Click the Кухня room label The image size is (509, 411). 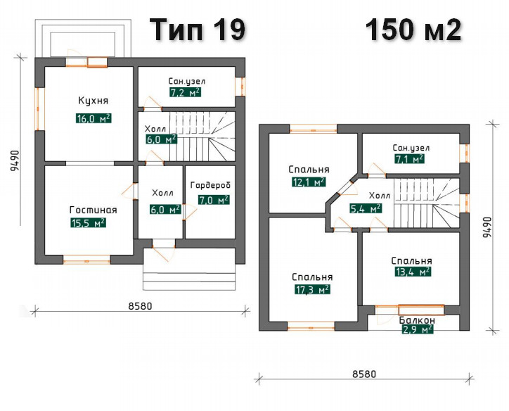pyautogui.click(x=94, y=101)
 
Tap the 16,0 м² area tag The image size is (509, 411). pyautogui.click(x=94, y=118)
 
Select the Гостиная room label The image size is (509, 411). pyautogui.click(x=94, y=210)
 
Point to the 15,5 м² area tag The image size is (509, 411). pyautogui.click(x=88, y=223)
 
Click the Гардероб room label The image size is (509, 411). pyautogui.click(x=210, y=185)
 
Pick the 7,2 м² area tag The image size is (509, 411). pyautogui.click(x=185, y=93)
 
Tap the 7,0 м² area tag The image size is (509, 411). pyautogui.click(x=214, y=200)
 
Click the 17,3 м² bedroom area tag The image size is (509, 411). pyautogui.click(x=312, y=289)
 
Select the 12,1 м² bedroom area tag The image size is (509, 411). pyautogui.click(x=309, y=182)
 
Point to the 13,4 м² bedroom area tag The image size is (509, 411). pyautogui.click(x=413, y=271)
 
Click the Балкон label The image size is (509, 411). pyautogui.click(x=417, y=320)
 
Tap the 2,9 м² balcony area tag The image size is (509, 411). pyautogui.click(x=418, y=329)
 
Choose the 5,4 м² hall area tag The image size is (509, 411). pyautogui.click(x=366, y=208)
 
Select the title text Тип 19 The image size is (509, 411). pyautogui.click(x=199, y=30)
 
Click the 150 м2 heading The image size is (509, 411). pyautogui.click(x=413, y=30)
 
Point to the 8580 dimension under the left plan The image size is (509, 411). pyautogui.click(x=140, y=306)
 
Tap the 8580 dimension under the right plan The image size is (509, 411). pyautogui.click(x=364, y=374)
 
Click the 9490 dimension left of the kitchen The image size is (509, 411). pyautogui.click(x=15, y=161)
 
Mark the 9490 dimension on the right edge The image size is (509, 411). pyautogui.click(x=487, y=227)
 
